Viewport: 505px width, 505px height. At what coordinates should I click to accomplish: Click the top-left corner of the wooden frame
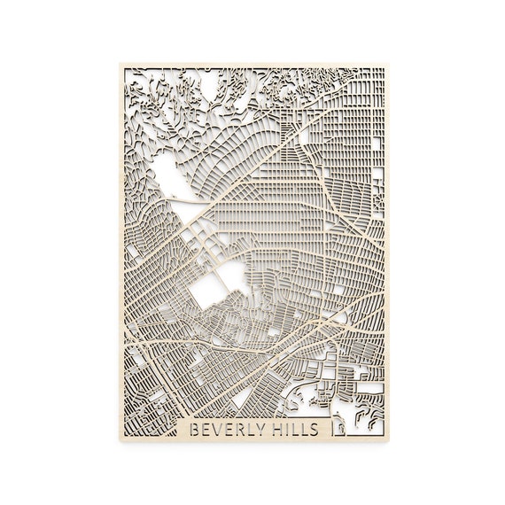(117, 65)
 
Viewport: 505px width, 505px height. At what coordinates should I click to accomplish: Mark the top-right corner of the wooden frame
(387, 65)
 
